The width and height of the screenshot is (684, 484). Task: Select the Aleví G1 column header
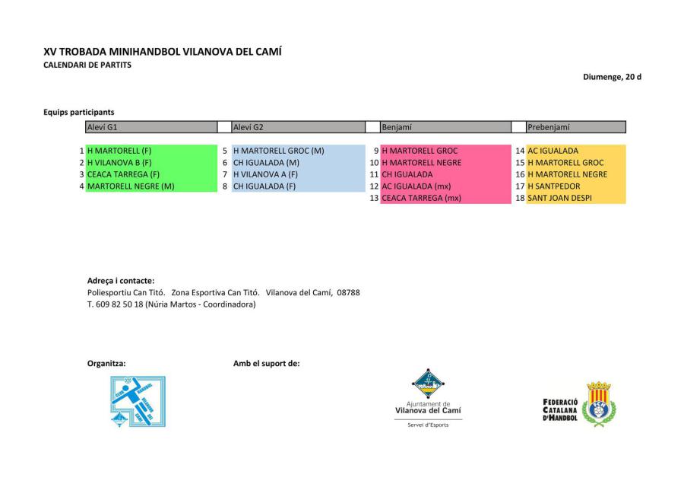point(151,127)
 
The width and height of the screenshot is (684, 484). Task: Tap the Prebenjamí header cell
point(575,127)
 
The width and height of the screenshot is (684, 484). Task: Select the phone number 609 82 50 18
point(119,304)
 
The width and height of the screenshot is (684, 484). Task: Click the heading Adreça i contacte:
point(121,280)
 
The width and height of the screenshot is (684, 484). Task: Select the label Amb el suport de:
point(266,363)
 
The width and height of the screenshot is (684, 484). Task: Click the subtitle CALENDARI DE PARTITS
point(87,65)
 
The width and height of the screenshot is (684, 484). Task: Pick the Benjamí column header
point(445,127)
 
